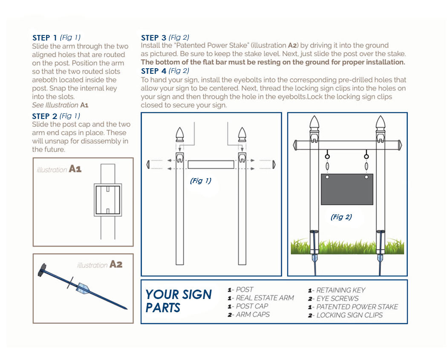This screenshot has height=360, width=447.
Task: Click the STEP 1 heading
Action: tap(44, 38)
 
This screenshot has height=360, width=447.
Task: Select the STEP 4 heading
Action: tap(153, 71)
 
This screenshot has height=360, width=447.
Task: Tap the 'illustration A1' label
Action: tap(59, 169)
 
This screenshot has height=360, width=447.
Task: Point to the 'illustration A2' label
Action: tap(100, 264)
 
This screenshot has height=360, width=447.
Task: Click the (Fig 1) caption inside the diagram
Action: tap(200, 181)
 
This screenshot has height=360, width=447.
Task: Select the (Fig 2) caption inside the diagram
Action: tap(341, 217)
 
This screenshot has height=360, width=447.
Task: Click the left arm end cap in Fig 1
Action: tap(148, 165)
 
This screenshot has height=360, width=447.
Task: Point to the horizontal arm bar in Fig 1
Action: tap(211, 165)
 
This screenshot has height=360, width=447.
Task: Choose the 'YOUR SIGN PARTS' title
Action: tap(179, 301)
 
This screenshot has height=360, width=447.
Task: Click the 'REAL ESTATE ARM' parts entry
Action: tap(264, 298)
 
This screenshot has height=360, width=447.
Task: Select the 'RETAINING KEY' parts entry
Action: tap(340, 290)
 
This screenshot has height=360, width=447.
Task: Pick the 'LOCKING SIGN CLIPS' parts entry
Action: tap(349, 315)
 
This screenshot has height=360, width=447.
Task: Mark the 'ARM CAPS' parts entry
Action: tap(252, 314)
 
